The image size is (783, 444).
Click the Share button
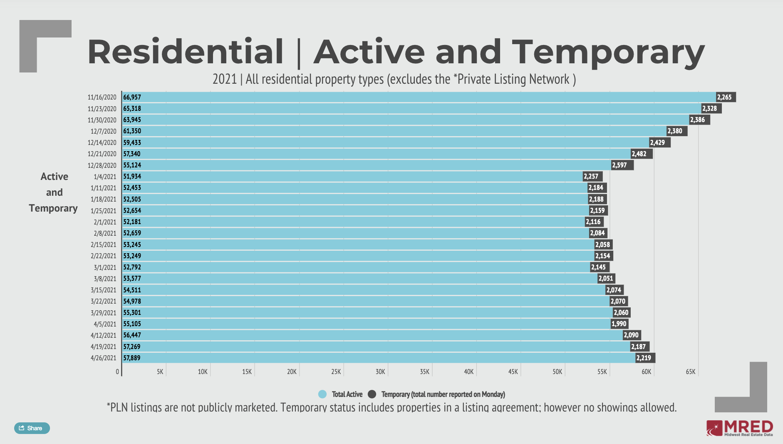(32, 428)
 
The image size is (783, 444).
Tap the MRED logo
(739, 428)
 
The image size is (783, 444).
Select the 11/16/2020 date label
(102, 97)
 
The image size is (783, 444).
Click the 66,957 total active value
(132, 97)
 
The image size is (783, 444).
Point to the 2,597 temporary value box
(622, 165)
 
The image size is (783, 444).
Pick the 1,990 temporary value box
(619, 324)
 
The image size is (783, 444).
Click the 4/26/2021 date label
(104, 358)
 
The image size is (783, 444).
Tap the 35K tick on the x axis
(424, 372)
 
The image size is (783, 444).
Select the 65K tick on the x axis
(690, 372)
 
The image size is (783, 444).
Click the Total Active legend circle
(322, 394)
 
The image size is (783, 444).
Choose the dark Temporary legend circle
(372, 394)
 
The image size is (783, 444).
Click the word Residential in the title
(185, 52)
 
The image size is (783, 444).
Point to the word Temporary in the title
(608, 52)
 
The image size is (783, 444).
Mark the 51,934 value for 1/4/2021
(132, 176)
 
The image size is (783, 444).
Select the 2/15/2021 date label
(104, 244)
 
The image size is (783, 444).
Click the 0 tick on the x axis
(117, 372)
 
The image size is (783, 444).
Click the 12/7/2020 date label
(104, 131)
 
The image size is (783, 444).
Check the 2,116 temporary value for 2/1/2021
(594, 222)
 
